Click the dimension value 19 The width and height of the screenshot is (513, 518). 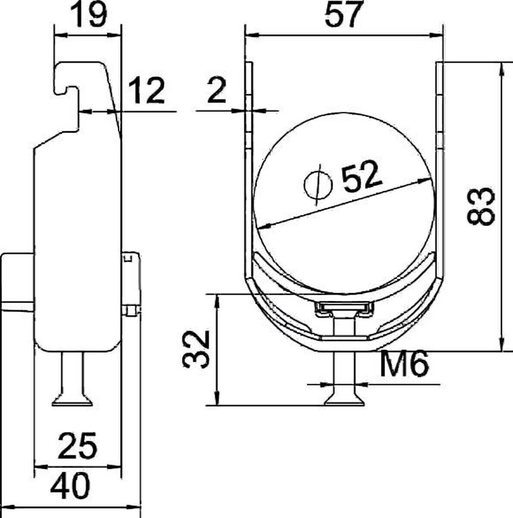[88, 15]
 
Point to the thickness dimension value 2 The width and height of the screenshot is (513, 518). [217, 91]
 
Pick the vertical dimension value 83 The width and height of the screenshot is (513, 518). [481, 206]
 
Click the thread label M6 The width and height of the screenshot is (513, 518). [404, 363]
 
